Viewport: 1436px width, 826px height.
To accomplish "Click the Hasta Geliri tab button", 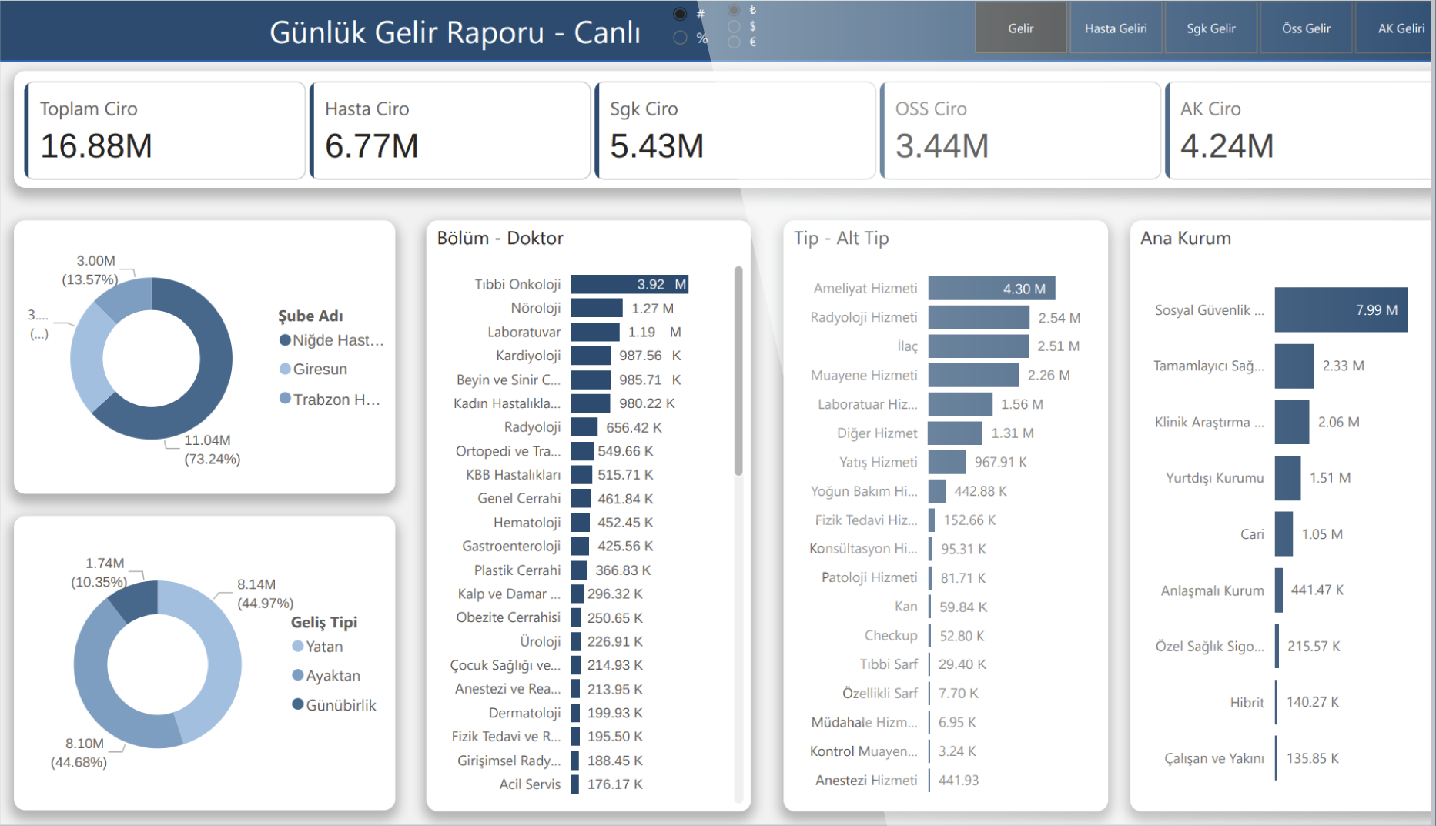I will [x=1116, y=28].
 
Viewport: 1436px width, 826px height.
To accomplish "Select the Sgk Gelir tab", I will [x=1211, y=28].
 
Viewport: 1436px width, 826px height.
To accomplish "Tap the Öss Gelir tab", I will [x=1306, y=28].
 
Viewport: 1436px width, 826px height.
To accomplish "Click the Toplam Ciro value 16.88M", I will [x=96, y=146].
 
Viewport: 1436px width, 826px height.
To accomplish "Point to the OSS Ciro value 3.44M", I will [x=942, y=146].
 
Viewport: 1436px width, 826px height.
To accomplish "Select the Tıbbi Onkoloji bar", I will [x=629, y=285].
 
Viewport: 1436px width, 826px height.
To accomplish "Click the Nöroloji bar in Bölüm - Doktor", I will [x=597, y=309].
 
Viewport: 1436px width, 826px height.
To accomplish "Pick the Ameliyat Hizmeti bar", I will [x=991, y=289].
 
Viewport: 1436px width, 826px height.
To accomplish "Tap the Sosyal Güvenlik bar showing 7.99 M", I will [x=1341, y=310].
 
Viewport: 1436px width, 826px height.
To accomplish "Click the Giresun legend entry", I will [x=320, y=370].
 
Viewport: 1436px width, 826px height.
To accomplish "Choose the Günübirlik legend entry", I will [x=340, y=705].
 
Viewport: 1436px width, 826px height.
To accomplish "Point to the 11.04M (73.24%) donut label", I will [x=212, y=450].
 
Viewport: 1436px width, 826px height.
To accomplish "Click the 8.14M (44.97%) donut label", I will [x=265, y=594].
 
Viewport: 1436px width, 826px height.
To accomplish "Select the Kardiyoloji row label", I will [x=528, y=356].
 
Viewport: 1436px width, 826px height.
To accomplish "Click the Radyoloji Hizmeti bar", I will [x=979, y=317].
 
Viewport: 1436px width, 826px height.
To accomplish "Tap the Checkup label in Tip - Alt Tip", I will [x=891, y=636].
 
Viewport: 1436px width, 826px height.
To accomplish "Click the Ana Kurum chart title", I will [x=1185, y=239].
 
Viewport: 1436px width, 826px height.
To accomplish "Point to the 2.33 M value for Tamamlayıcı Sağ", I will [x=1343, y=366].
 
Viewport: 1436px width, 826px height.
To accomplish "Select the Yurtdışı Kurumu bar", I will [x=1287, y=478].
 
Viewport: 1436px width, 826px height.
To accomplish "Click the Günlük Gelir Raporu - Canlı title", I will [x=454, y=32].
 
